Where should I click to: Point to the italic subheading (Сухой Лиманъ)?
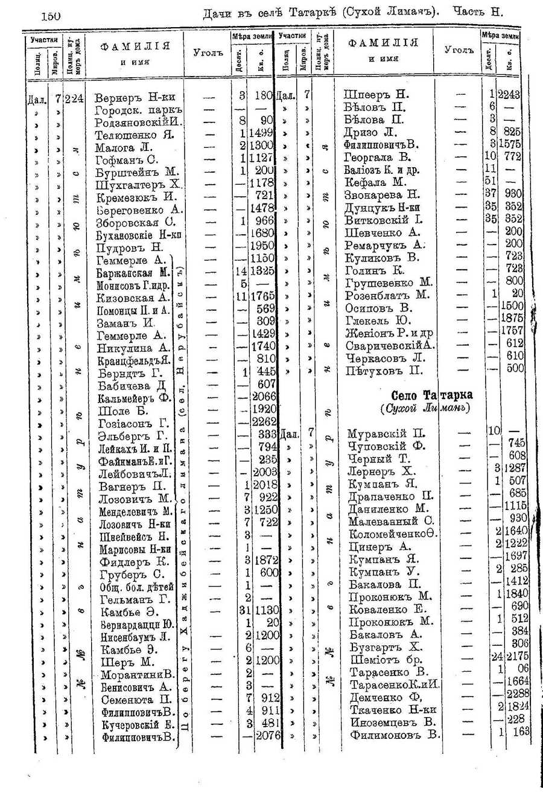(426, 409)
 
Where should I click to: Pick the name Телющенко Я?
(135, 135)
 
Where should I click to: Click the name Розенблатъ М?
(387, 295)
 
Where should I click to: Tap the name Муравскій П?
(386, 434)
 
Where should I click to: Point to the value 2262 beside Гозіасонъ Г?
(264, 423)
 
